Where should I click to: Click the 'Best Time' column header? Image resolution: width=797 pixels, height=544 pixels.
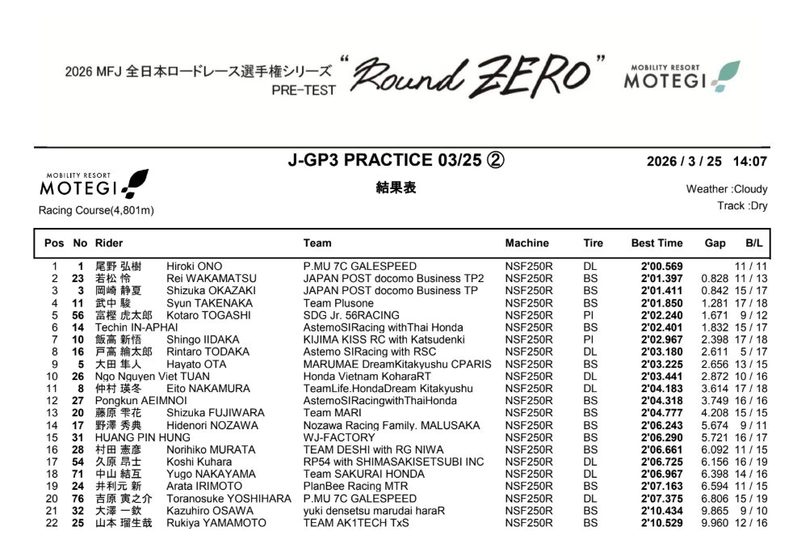[656, 243]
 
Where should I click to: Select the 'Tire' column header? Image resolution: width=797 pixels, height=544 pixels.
[593, 243]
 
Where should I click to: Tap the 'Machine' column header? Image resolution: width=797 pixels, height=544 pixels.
[526, 243]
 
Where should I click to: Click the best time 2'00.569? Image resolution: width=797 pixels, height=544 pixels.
[661, 267]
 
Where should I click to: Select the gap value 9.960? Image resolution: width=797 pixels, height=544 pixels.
[716, 523]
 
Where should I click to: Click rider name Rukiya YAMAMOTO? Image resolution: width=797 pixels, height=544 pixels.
[216, 523]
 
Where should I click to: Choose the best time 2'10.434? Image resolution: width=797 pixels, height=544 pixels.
[661, 511]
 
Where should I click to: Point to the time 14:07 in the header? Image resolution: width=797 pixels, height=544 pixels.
[750, 161]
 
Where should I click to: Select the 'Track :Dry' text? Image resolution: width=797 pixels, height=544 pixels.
[742, 206]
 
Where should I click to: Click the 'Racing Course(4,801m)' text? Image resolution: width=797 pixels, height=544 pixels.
[96, 210]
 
